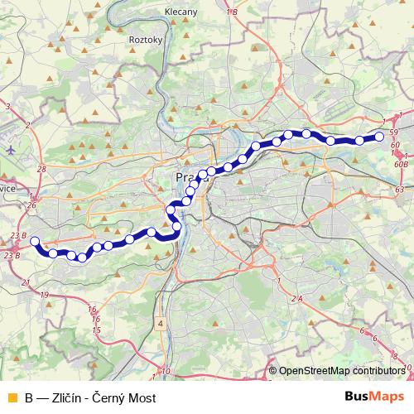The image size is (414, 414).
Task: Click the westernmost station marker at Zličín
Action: point(35,242)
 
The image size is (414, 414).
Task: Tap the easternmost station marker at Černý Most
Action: point(379,136)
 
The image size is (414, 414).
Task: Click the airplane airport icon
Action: point(10,151)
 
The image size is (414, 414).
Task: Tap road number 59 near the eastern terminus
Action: point(394,132)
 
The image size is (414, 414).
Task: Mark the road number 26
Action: point(31,205)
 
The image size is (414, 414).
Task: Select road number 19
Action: point(44,295)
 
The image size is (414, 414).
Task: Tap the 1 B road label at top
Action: point(232,12)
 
